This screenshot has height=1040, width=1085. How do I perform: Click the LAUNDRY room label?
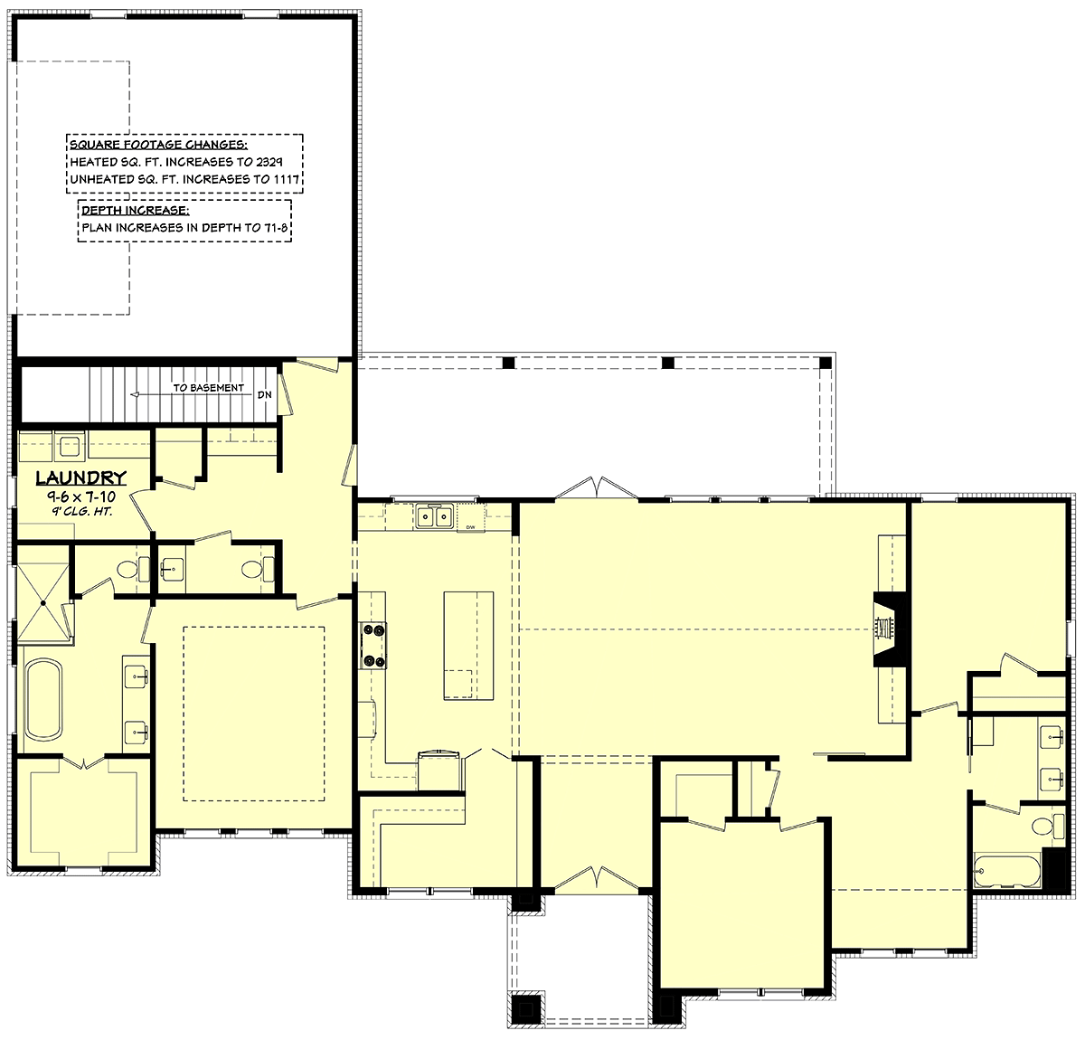click(81, 477)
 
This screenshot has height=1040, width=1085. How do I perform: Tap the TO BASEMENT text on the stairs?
click(209, 388)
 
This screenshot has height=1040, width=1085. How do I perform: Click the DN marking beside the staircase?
click(264, 395)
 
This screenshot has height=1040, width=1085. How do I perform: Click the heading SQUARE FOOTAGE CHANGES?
click(159, 145)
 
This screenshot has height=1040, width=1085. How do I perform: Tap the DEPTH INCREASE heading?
click(136, 210)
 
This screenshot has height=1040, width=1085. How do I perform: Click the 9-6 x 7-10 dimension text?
click(81, 496)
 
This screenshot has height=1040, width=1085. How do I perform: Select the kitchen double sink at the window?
click(433, 515)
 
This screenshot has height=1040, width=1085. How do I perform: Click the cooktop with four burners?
click(373, 646)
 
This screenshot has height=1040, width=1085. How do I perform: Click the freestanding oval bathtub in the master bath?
click(42, 700)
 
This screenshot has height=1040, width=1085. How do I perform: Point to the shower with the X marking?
click(42, 601)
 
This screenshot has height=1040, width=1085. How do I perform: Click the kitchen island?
click(468, 645)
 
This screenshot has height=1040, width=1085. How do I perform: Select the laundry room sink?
click(70, 447)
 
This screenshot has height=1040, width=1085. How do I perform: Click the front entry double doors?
click(597, 879)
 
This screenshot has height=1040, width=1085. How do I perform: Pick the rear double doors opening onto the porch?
click(597, 487)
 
